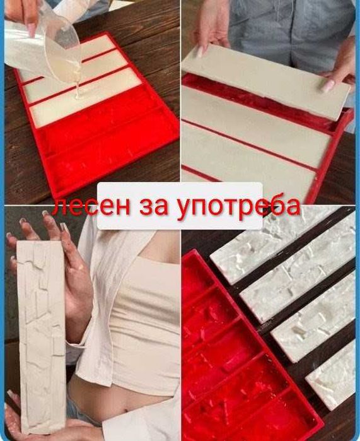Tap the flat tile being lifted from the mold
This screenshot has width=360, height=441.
click(x=266, y=80)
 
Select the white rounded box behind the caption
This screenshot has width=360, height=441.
click(x=180, y=206)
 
